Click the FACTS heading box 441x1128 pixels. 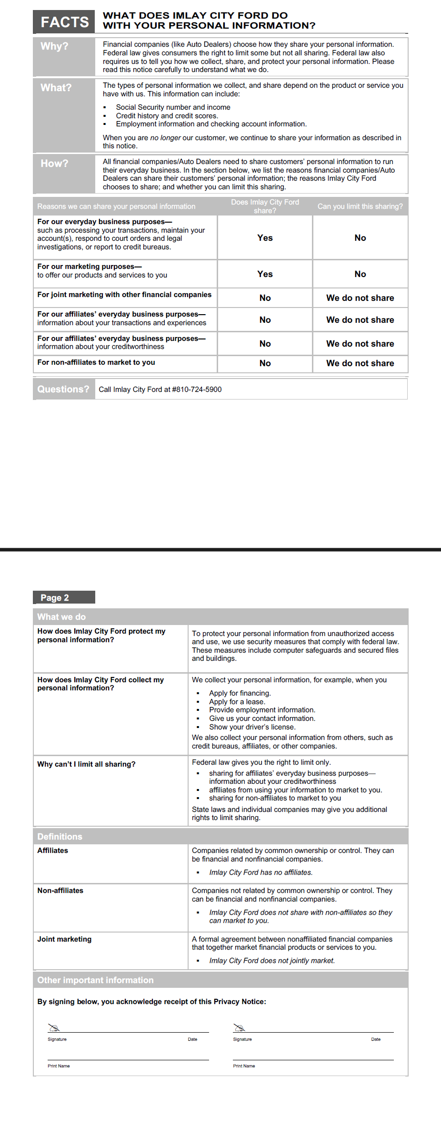pos(64,22)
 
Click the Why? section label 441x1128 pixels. pos(54,46)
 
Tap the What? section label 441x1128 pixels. pos(56,88)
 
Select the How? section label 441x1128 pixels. pos(54,164)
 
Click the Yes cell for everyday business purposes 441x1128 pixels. pos(265,238)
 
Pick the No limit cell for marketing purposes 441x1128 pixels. pos(360,274)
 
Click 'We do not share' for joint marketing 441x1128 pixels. pos(360,298)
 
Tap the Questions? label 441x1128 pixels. pos(63,389)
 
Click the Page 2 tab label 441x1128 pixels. pos(55,598)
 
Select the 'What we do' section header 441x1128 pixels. pos(61,617)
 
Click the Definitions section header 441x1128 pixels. pos(60,837)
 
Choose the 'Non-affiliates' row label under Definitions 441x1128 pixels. pos(60,891)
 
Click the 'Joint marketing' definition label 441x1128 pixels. pos(64,939)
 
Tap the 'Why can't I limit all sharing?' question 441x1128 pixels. pos(86,764)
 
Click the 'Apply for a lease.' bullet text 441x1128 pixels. pos(237,702)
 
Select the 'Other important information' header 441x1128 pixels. pos(95,980)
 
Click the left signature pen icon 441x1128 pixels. pos(54,1027)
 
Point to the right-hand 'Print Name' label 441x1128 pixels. pos(244,1066)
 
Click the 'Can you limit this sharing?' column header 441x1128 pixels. pos(360,206)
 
